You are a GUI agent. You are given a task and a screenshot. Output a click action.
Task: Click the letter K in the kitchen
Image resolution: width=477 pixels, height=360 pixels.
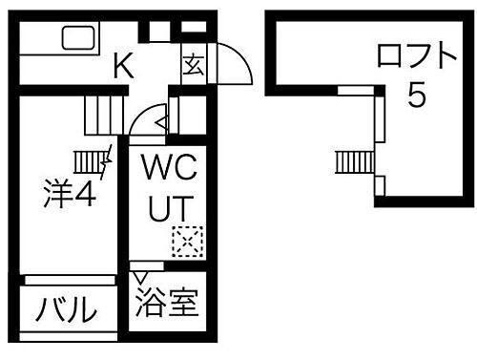123,67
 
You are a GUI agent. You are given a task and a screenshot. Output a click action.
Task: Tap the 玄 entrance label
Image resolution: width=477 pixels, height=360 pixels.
191,66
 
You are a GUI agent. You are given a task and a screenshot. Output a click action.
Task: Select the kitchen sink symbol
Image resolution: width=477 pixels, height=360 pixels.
78,40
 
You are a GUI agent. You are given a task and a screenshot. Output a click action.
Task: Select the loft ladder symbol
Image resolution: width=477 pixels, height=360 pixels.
352,161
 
